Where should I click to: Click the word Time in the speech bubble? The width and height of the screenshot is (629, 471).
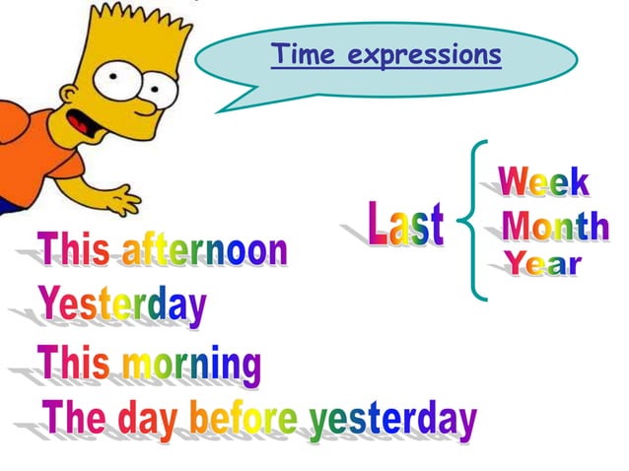pyautogui.click(x=302, y=54)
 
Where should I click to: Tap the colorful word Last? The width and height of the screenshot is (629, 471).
pyautogui.click(x=406, y=224)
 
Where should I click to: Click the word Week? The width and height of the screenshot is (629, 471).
pyautogui.click(x=543, y=182)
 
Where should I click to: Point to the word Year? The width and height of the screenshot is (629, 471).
pyautogui.click(x=543, y=264)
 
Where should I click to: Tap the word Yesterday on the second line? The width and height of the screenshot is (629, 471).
pyautogui.click(x=122, y=306)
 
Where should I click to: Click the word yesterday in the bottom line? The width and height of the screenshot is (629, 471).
pyautogui.click(x=392, y=421)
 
